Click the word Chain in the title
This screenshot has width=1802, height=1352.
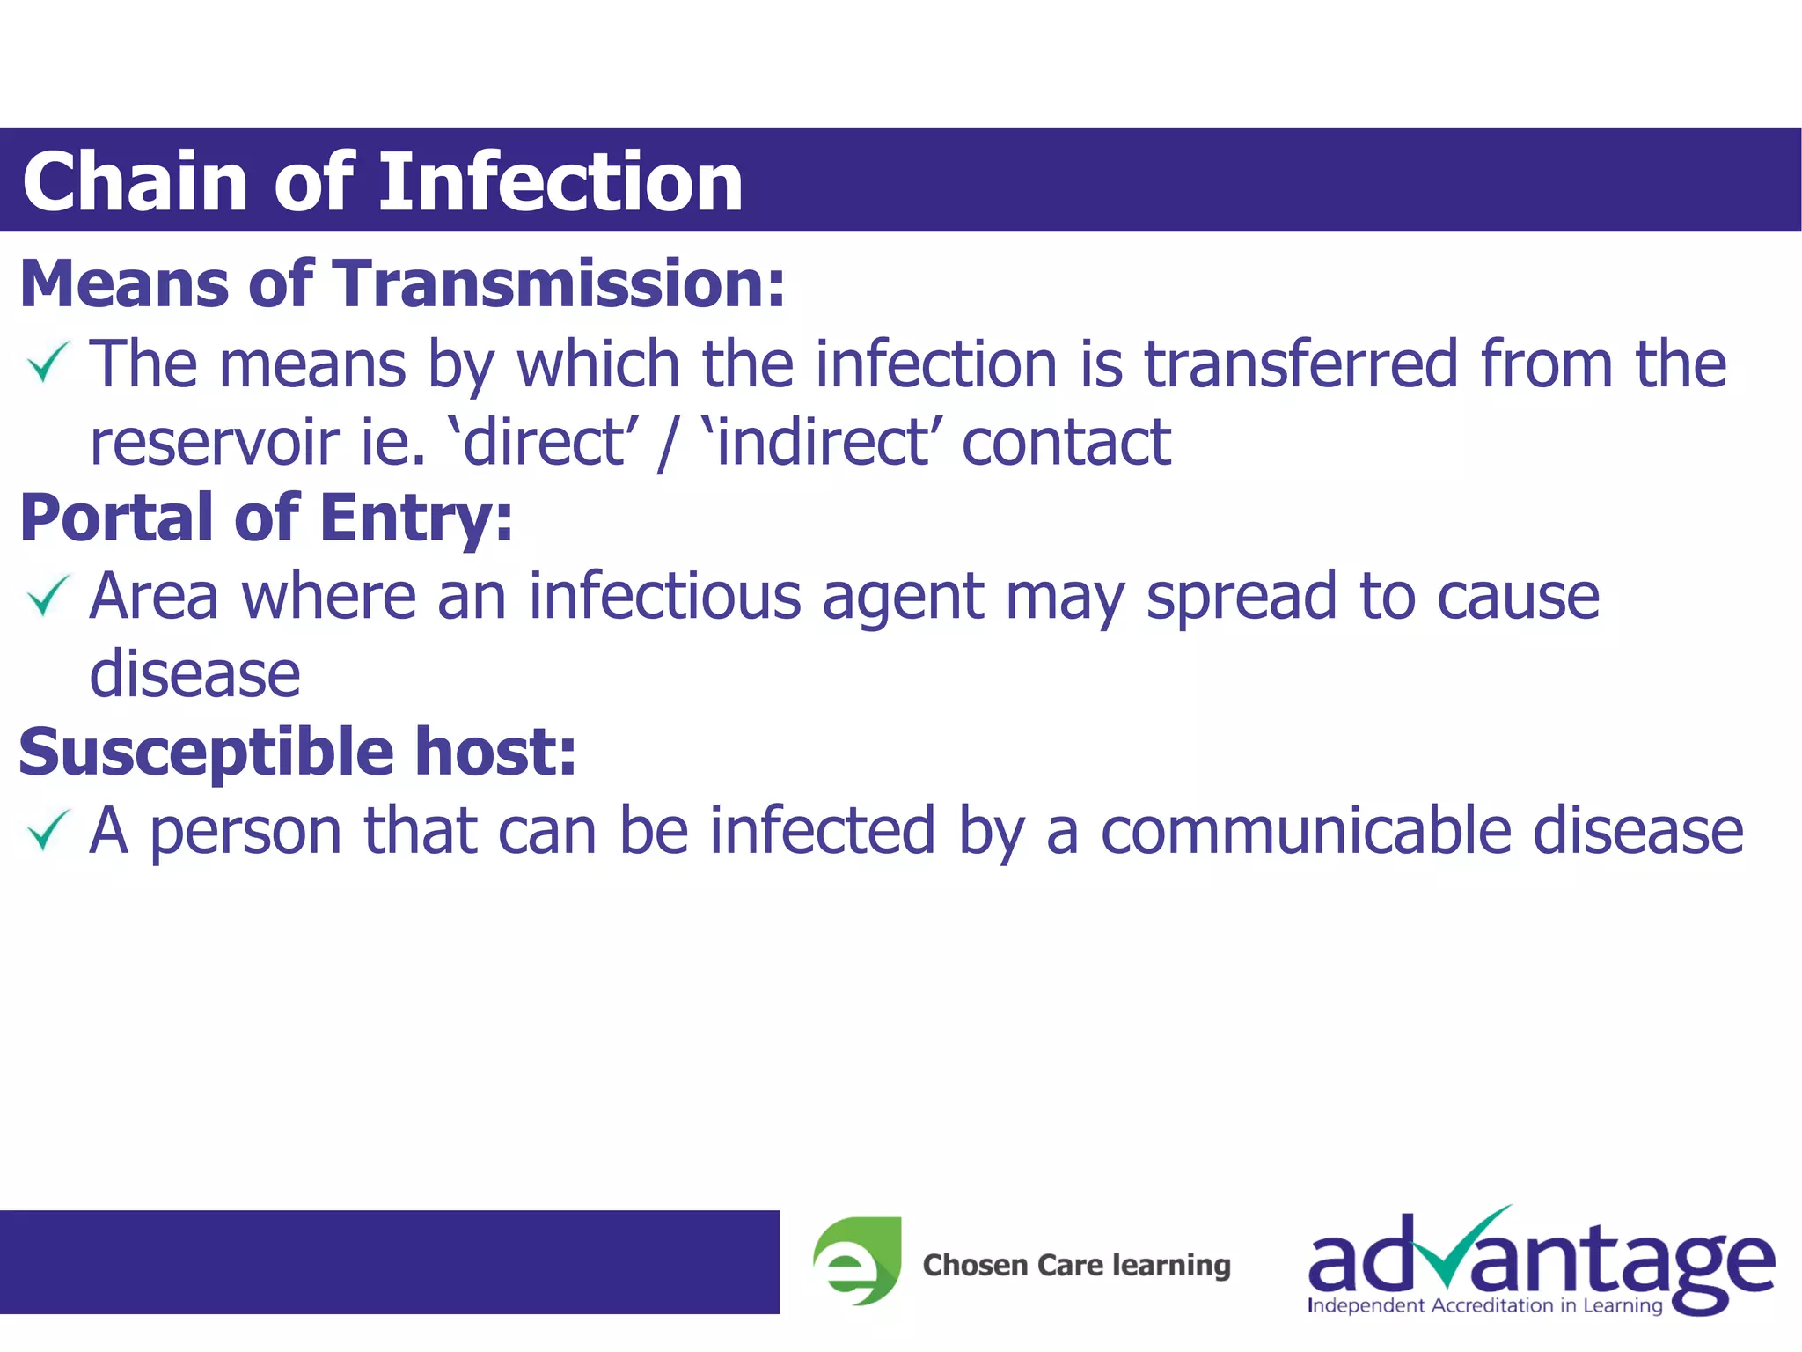(135, 182)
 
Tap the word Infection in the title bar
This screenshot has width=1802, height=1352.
(560, 182)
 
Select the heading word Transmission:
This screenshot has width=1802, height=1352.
(560, 284)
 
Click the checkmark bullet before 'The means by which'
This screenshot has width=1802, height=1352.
(48, 363)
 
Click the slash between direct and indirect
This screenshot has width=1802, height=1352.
(667, 444)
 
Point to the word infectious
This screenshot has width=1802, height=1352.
(665, 597)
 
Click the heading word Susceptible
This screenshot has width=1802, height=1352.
(206, 753)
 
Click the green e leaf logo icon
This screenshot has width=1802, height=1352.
(857, 1260)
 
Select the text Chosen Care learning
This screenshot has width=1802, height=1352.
(1076, 1265)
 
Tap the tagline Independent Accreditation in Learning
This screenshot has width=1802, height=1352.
(1484, 1305)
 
